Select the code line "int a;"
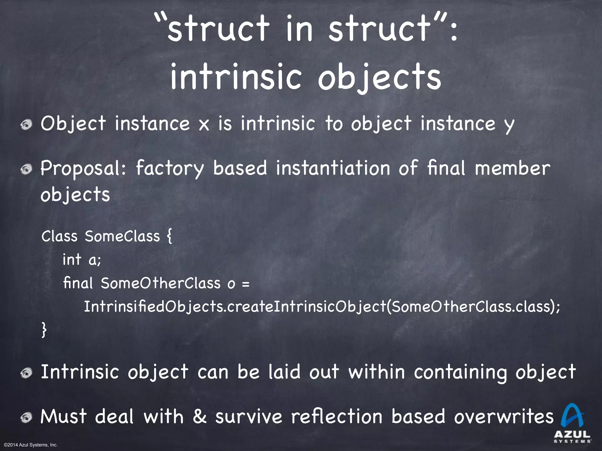82,260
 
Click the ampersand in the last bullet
200,417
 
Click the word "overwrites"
504,417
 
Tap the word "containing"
460,372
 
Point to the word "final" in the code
78,283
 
